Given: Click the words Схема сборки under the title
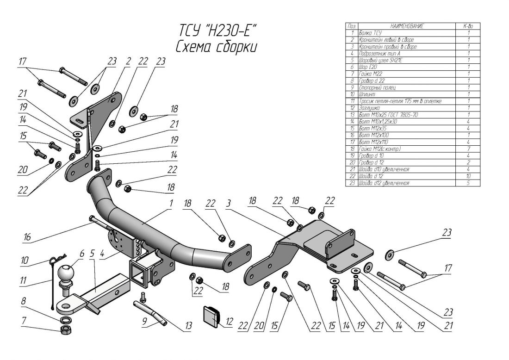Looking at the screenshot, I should coord(216,47).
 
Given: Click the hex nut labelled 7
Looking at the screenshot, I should coord(66,330).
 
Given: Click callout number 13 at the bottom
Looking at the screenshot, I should coord(187,327).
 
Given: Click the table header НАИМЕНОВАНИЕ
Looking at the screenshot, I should coord(407,27).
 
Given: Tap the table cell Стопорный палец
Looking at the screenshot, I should coord(377,87).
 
